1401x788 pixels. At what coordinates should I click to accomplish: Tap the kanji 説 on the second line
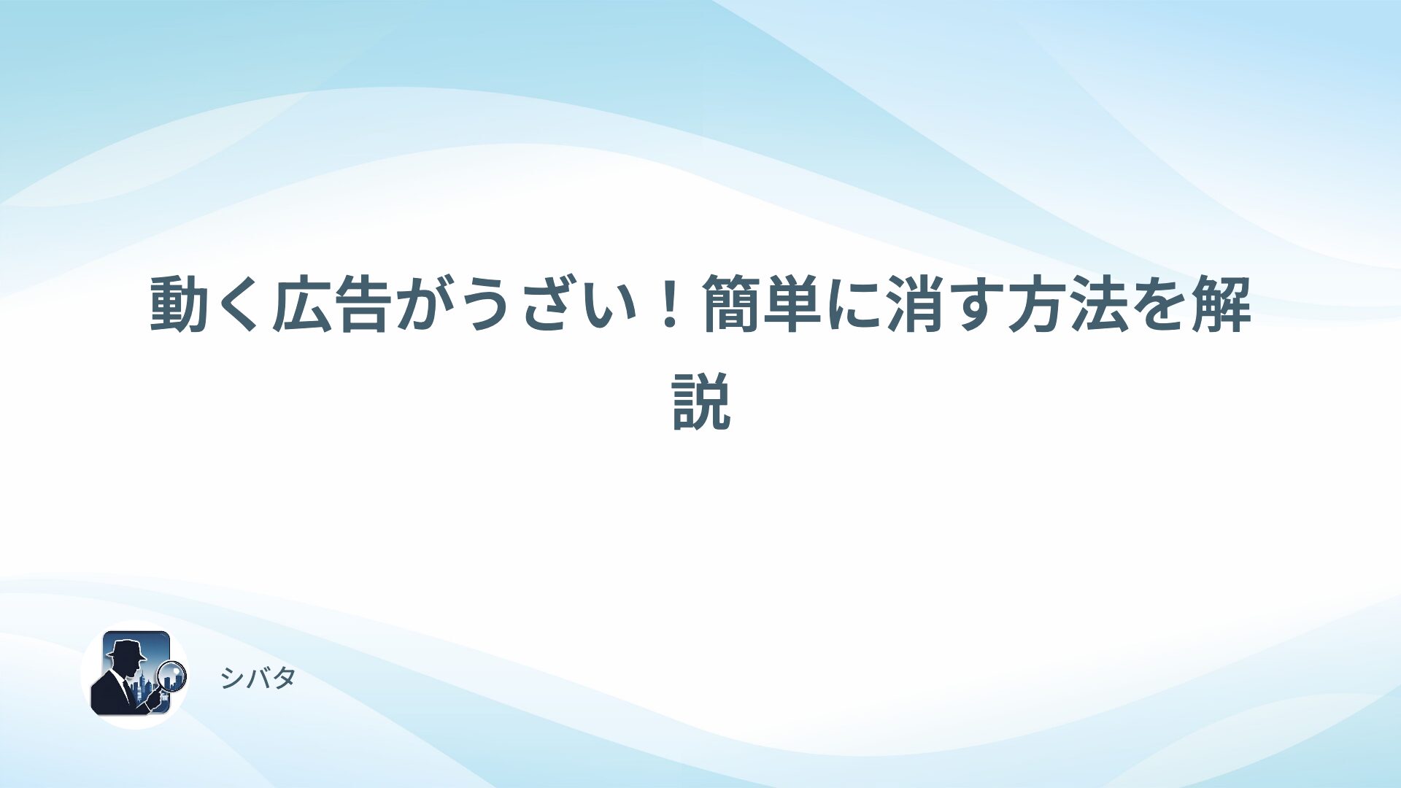pos(701,401)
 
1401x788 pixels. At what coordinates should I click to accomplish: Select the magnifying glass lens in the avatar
pos(172,674)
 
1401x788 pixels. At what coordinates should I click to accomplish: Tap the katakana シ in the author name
pos(232,679)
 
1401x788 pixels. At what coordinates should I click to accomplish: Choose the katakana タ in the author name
pos(283,679)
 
